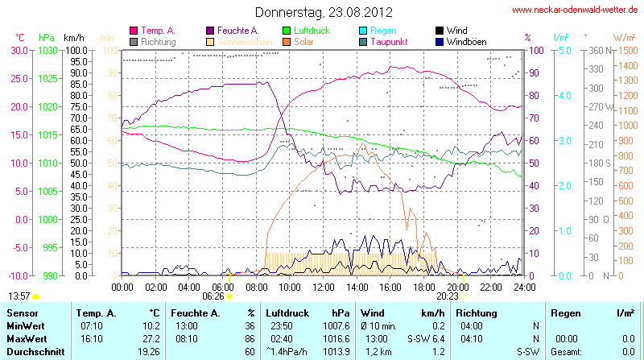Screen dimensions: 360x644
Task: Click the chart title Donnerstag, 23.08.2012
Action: pos(324,12)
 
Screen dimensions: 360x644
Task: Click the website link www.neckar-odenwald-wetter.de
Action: pos(575,10)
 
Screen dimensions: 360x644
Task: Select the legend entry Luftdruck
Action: pos(313,30)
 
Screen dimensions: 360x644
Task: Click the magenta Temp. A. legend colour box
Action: pos(134,31)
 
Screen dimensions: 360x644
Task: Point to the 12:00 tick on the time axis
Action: pos(324,286)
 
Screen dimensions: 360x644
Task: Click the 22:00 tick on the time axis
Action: pos(491,286)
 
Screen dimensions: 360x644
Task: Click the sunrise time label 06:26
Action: pos(213,296)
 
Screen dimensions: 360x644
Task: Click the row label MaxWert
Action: pos(25,339)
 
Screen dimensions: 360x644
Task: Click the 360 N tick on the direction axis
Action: pos(596,50)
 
